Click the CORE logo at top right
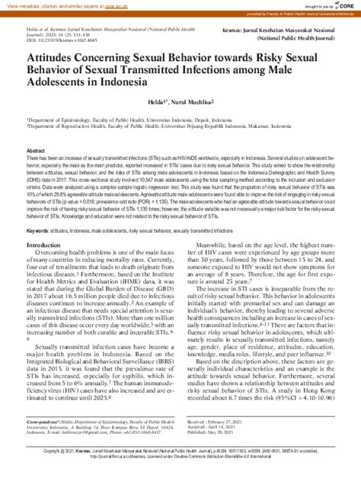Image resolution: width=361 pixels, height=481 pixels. coord(342,5)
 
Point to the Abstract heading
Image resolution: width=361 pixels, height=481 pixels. coord(37,151)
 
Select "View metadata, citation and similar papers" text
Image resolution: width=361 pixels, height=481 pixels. coord(42,4)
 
